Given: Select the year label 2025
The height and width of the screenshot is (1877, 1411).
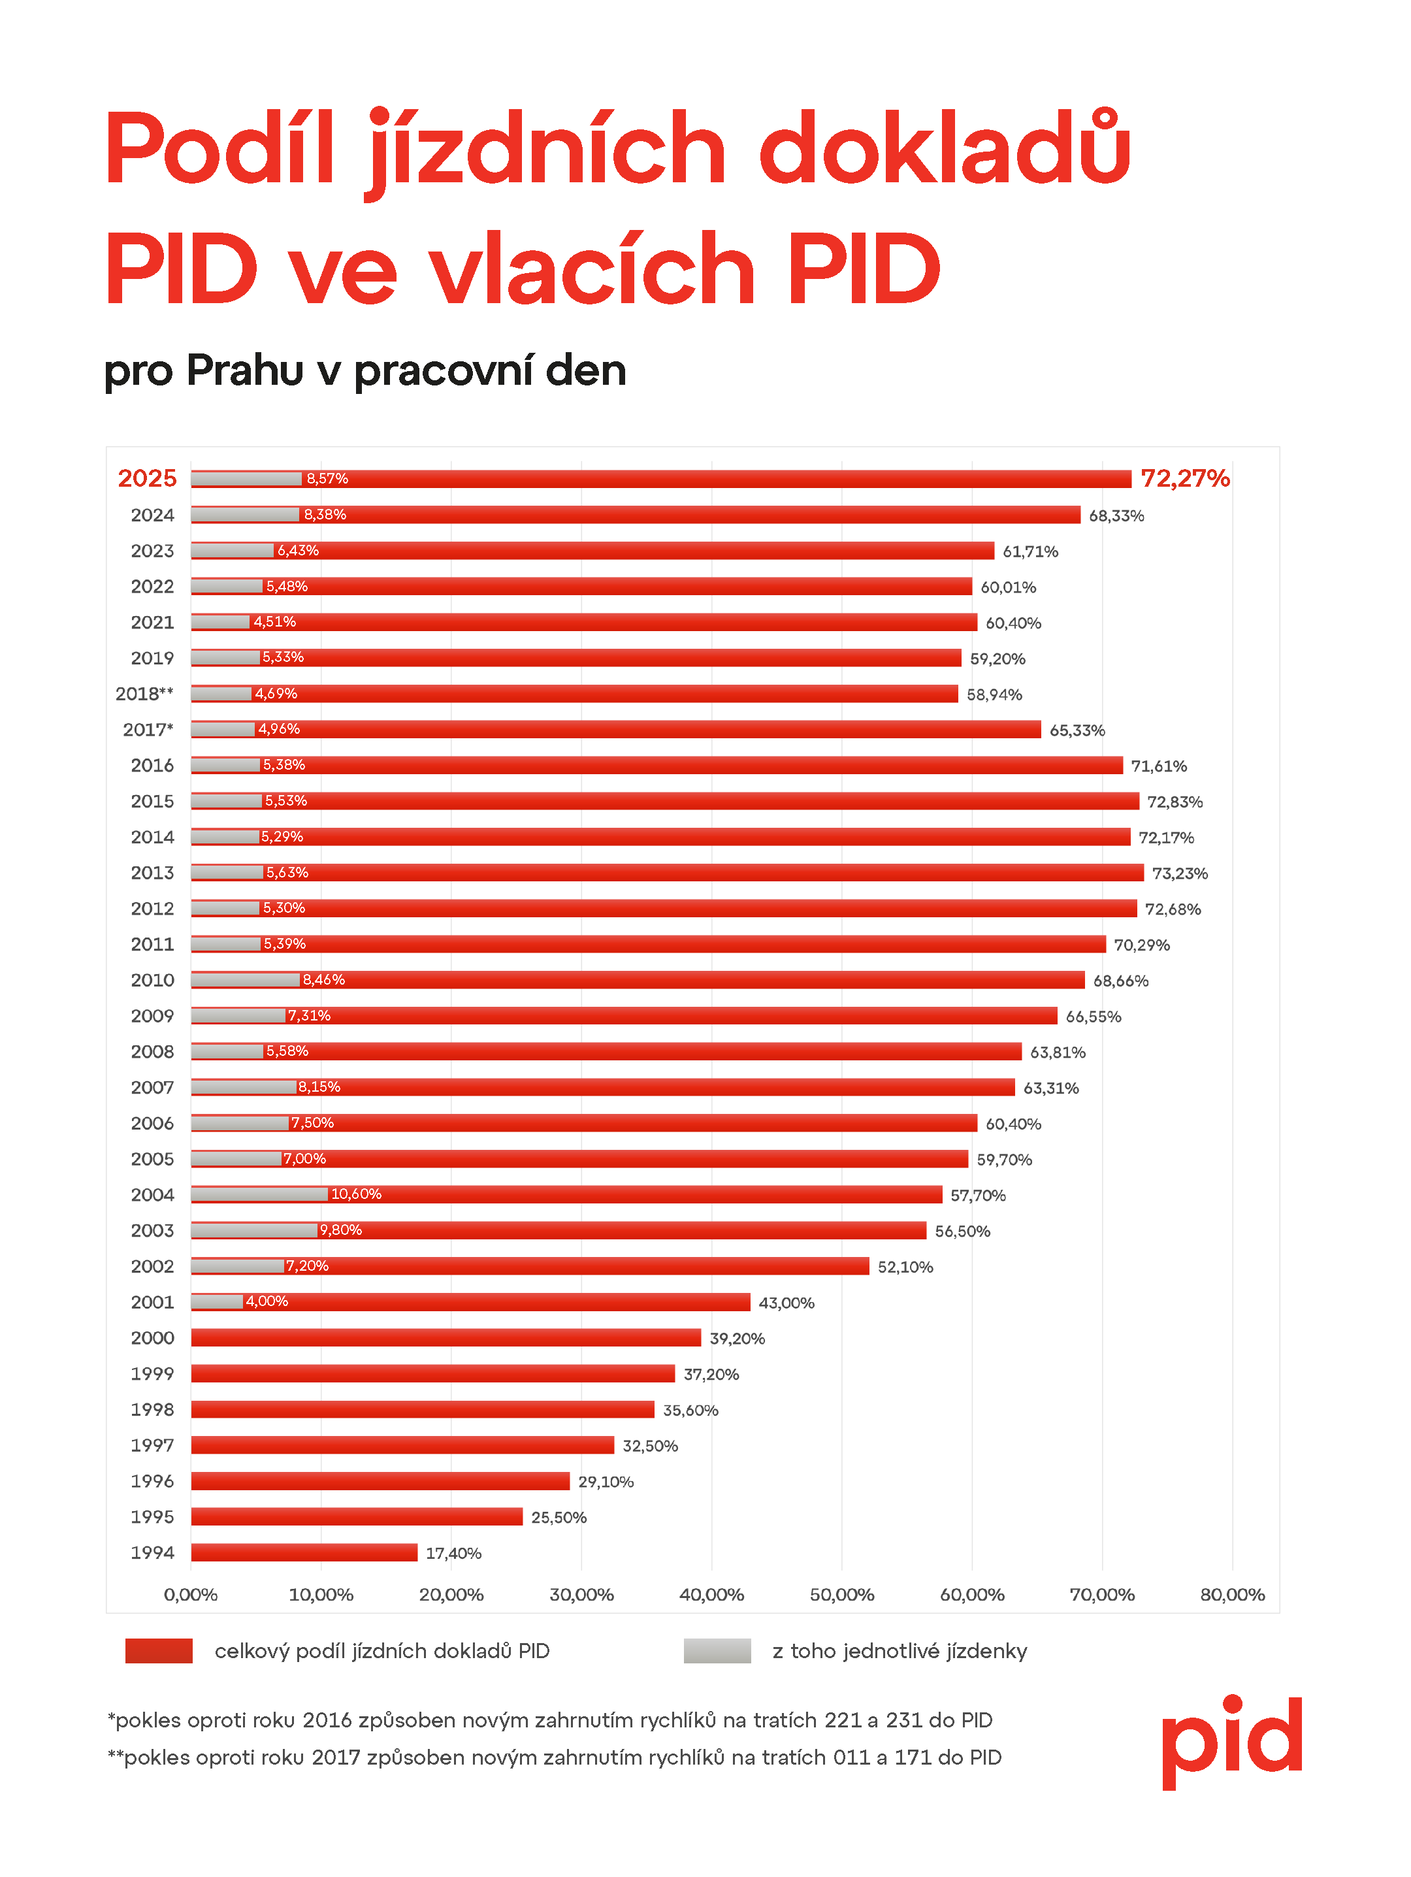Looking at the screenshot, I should tap(147, 479).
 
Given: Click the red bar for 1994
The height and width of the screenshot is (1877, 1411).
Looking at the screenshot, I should tap(304, 1553).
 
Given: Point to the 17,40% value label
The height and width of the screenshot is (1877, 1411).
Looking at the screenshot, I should tap(453, 1554).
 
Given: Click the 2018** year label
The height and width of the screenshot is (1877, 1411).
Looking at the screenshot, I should tap(144, 694).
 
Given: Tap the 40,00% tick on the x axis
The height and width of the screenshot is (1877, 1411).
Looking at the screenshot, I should tap(711, 1595).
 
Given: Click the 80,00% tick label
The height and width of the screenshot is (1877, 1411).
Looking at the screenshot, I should tap(1232, 1595).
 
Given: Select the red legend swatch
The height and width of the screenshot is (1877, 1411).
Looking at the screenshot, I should tap(159, 1652).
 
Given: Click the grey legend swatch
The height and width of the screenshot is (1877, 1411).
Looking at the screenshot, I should tap(717, 1652).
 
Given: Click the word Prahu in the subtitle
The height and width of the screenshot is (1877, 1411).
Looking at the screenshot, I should tap(244, 371).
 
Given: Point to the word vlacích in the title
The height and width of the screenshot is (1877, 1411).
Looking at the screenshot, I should tap(591, 270).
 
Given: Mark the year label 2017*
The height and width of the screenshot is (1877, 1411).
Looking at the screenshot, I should tap(148, 730).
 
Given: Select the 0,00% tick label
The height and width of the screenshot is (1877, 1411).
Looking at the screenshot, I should tap(190, 1595).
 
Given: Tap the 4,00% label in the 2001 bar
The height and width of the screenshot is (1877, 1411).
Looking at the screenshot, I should tap(267, 1301).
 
